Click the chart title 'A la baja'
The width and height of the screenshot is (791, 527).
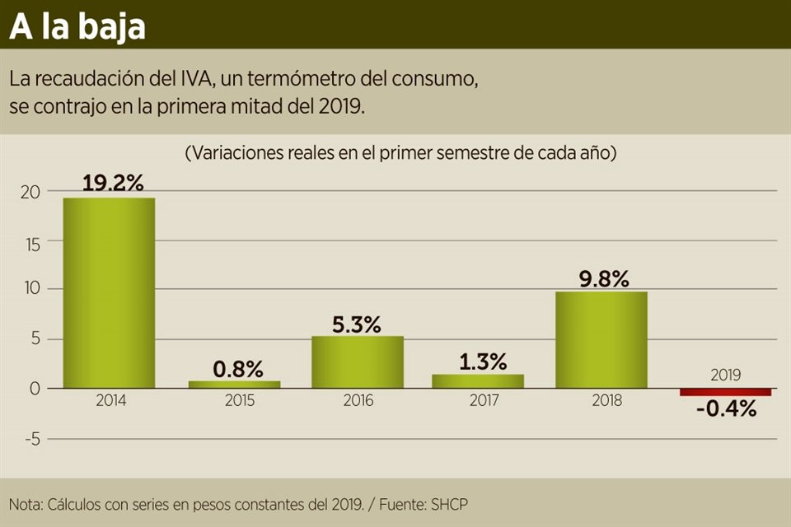point(77,26)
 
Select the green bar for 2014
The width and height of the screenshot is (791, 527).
point(109,292)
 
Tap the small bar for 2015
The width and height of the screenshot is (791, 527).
point(234,384)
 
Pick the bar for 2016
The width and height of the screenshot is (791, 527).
point(358,361)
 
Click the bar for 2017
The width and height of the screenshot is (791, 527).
point(478,380)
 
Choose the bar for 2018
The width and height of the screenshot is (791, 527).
point(601,339)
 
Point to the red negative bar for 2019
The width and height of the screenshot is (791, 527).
point(725,392)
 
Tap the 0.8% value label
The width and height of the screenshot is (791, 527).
point(237,368)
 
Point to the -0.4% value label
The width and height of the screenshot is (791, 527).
point(726,408)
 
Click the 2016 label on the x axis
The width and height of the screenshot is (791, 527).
point(357,401)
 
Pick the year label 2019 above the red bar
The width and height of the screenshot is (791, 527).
point(725,375)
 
